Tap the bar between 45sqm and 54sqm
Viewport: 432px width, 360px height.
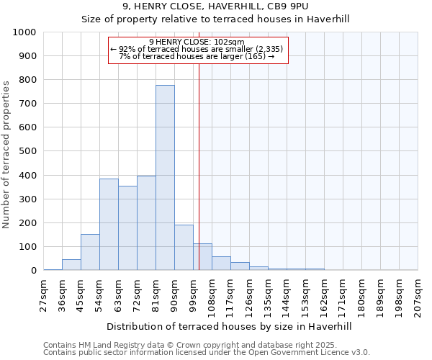coord(90,252)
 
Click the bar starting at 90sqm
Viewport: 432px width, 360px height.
coord(184,248)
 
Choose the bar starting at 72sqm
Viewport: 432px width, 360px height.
coord(146,223)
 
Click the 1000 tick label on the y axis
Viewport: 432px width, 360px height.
coord(24,32)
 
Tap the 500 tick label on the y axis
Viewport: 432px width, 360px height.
coord(27,151)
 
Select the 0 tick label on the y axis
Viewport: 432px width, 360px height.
coord(33,271)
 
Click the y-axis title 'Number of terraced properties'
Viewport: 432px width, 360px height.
coord(6,154)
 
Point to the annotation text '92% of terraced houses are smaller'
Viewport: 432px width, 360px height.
coord(198,49)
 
